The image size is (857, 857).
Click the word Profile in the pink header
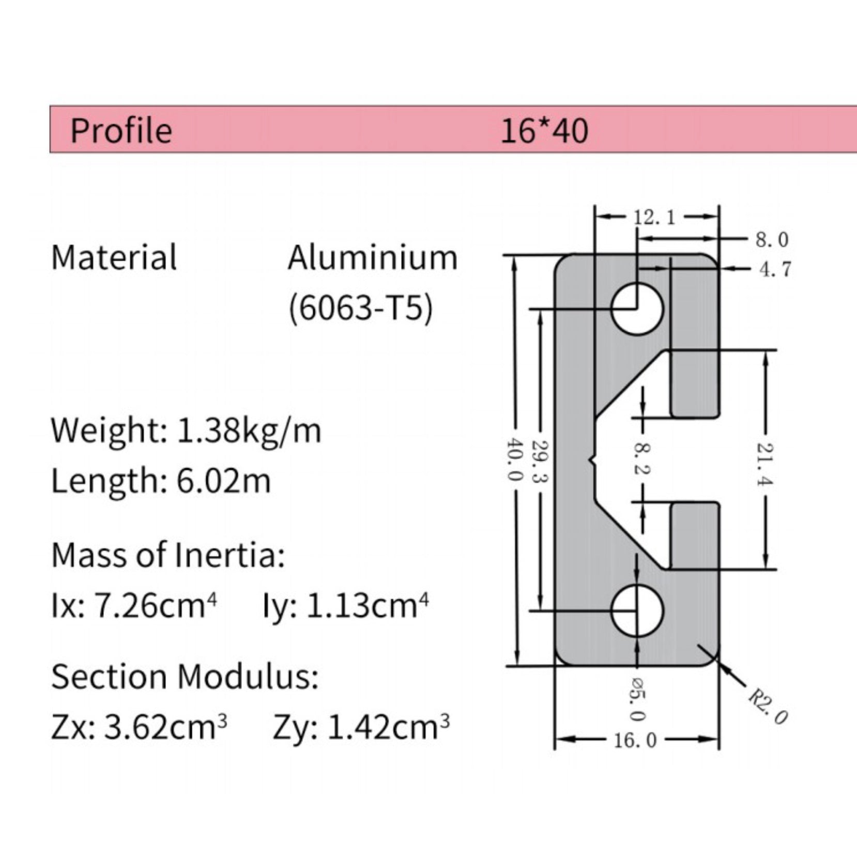click(x=121, y=130)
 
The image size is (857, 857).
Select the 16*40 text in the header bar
click(x=544, y=130)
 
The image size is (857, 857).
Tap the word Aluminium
click(x=372, y=257)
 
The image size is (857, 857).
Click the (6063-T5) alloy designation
click(x=360, y=309)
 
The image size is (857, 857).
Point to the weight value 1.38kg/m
click(x=249, y=430)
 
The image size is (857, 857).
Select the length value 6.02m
click(x=223, y=481)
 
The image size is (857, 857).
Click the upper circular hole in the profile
click(x=637, y=309)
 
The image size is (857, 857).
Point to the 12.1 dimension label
click(x=654, y=218)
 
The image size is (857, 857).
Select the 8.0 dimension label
click(x=772, y=240)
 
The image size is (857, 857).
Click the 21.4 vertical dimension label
click(x=766, y=464)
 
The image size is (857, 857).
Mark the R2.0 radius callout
click(x=768, y=707)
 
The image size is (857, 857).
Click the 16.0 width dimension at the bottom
click(x=635, y=740)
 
